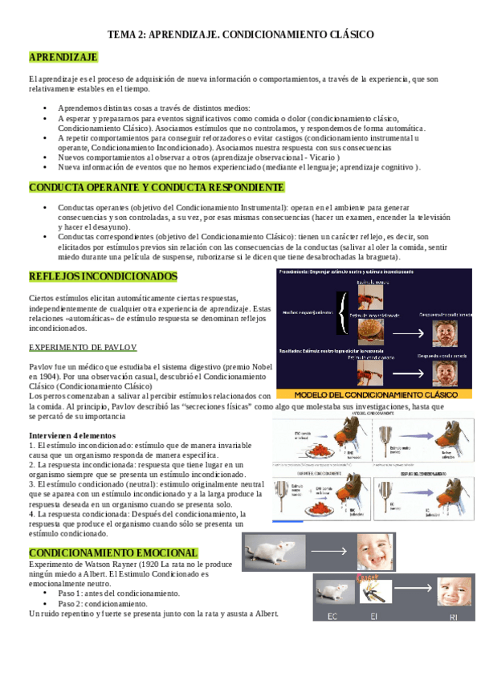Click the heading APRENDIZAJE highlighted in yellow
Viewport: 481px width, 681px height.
(x=63, y=57)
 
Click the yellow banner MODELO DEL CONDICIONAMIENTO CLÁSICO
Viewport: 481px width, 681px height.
(x=373, y=394)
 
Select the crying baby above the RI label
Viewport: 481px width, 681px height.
(x=455, y=592)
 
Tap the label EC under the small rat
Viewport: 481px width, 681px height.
(x=332, y=616)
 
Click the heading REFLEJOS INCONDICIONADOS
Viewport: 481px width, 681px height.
(x=103, y=276)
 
